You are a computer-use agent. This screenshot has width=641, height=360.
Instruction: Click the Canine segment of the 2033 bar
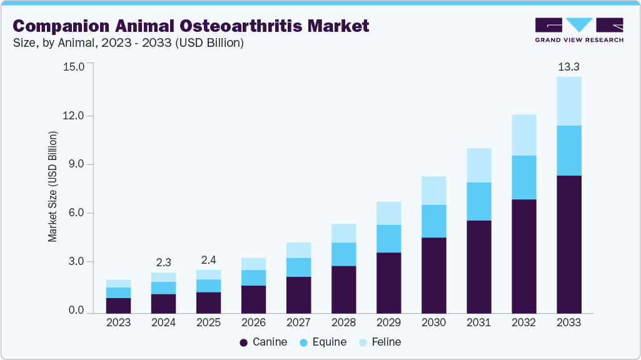pos(569,244)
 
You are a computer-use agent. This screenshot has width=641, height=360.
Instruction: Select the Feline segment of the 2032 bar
pos(524,135)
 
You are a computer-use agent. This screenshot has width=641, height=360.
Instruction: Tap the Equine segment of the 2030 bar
pos(433,221)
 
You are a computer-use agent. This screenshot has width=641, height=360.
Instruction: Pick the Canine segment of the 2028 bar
pos(343,289)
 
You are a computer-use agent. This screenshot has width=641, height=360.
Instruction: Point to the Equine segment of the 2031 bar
pos(479,201)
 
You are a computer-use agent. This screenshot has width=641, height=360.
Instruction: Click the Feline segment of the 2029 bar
pos(388,213)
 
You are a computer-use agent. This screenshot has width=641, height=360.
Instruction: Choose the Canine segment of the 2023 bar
pos(118,305)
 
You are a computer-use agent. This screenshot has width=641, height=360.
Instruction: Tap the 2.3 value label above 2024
pos(163,262)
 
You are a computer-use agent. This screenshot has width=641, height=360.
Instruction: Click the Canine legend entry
pos(264,342)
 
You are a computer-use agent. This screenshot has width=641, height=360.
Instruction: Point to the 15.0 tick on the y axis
pos(74,66)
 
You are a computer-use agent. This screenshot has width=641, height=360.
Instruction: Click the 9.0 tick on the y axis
pos(74,164)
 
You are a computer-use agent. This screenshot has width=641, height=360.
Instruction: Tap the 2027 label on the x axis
pos(298,322)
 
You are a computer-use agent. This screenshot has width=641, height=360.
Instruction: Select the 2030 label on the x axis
pos(433,322)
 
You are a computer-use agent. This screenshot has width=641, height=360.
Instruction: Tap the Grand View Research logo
pos(579,29)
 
